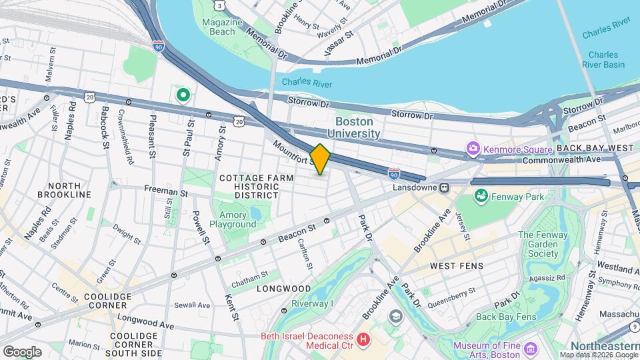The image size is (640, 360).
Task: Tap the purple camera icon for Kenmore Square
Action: (473, 148)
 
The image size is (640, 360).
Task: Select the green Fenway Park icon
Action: (480, 196)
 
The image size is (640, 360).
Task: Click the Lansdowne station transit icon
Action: (444, 188)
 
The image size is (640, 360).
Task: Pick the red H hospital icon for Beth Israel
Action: (363, 340)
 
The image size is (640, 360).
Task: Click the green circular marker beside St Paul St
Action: (183, 95)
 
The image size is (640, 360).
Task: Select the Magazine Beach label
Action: (218, 27)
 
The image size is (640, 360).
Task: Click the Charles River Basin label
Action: (606, 60)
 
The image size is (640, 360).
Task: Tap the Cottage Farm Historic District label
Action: (248, 187)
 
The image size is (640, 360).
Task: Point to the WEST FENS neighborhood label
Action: (456, 266)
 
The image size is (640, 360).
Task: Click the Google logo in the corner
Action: (21, 351)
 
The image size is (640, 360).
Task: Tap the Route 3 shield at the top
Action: (219, 5)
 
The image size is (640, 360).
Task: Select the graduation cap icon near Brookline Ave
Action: (396, 316)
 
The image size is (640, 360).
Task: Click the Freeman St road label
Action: (166, 191)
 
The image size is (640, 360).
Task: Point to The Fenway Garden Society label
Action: (538, 244)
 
